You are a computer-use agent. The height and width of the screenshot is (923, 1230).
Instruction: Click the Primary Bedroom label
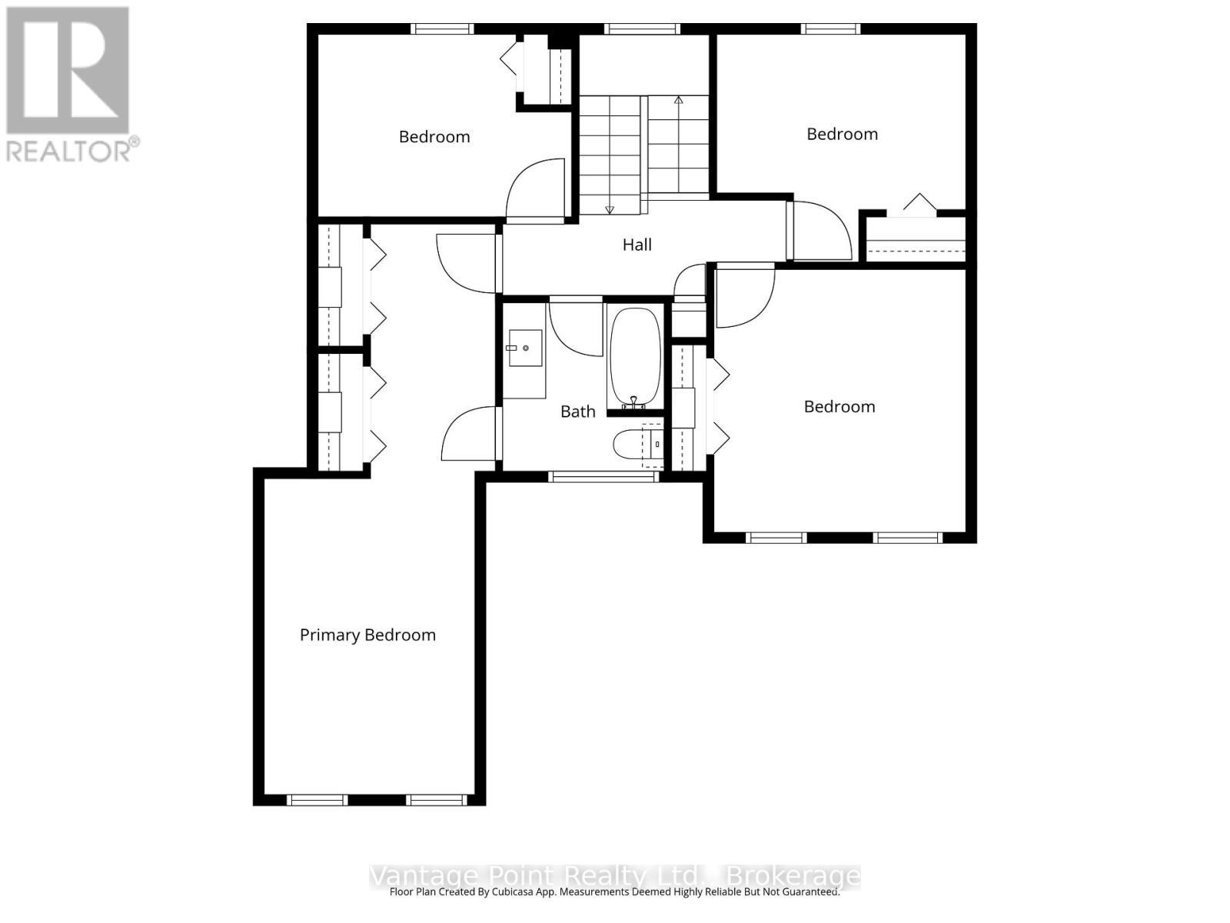[x=367, y=635]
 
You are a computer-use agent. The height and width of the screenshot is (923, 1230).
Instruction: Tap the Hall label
[x=637, y=245]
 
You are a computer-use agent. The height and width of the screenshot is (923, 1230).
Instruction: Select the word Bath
[x=577, y=412]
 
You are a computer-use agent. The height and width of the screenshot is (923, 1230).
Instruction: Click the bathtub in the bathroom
[x=635, y=358]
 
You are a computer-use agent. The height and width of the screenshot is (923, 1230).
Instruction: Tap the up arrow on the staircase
[x=678, y=101]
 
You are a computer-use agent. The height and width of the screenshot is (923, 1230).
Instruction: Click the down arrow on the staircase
[x=610, y=208]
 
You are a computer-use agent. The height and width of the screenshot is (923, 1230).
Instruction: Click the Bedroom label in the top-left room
[x=434, y=137]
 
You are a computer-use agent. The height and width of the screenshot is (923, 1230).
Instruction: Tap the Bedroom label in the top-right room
[x=842, y=135]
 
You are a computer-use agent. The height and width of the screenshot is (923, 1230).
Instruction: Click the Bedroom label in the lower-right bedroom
[x=839, y=407]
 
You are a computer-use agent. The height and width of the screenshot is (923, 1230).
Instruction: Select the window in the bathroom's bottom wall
[x=604, y=477]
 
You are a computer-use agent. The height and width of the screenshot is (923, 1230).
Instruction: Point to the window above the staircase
[x=643, y=29]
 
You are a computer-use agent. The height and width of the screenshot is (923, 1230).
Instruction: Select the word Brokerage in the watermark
[x=793, y=876]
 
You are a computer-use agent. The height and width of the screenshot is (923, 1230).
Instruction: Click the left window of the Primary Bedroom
[x=317, y=800]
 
